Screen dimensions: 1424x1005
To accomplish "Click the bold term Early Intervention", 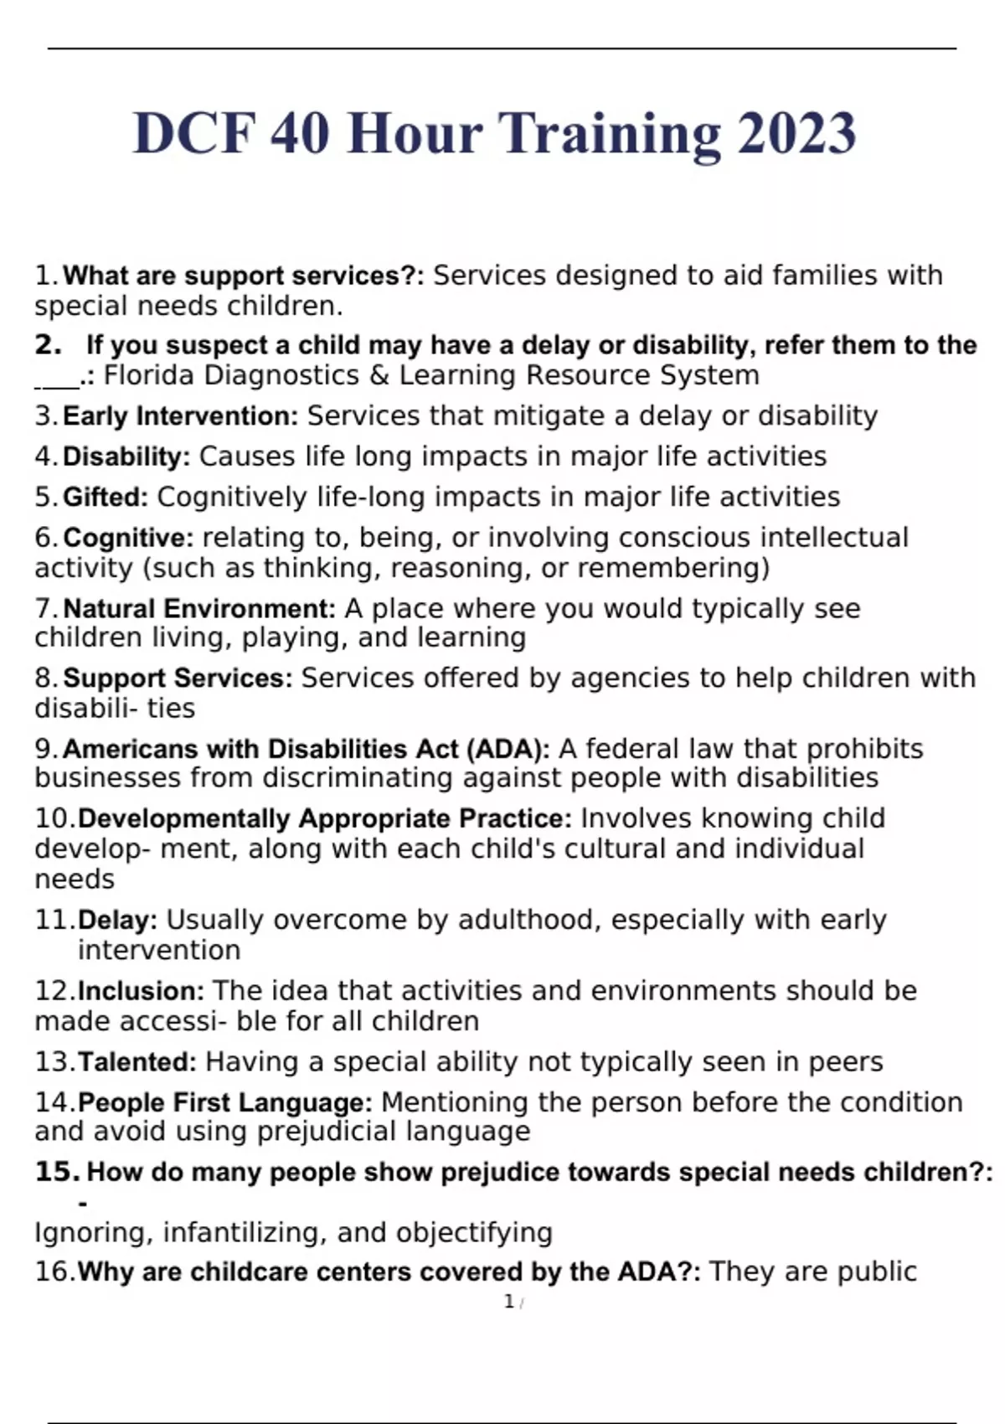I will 180,416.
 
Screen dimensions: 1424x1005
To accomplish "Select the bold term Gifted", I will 106,498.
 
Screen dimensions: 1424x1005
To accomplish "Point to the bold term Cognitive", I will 128,538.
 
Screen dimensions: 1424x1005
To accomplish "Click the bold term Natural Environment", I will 199,609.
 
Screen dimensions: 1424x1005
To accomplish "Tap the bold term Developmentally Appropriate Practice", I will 325,818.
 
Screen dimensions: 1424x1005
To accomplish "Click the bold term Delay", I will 117,921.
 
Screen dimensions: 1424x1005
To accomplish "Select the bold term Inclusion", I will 141,992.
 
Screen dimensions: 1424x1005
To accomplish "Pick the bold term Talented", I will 137,1062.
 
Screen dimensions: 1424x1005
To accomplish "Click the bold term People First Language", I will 225,1102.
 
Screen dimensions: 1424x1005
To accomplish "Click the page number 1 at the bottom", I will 508,1302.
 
